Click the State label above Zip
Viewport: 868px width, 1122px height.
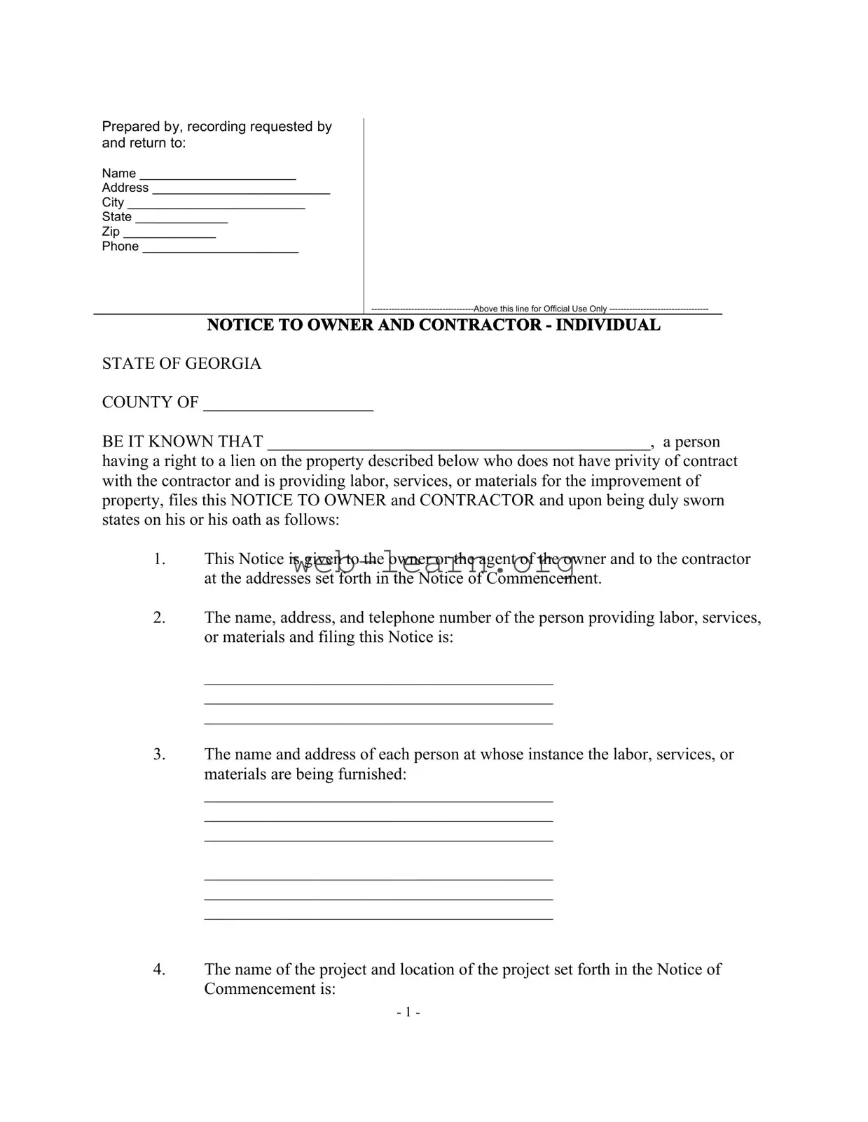coord(116,217)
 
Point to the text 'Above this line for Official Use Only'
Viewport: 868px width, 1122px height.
coord(540,309)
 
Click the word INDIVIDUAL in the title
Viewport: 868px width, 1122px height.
coord(607,325)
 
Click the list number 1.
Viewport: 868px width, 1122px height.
coord(159,559)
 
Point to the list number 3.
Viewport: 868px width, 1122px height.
coord(159,754)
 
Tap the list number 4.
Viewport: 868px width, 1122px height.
coord(159,969)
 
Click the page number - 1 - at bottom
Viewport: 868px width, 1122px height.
coord(408,1012)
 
